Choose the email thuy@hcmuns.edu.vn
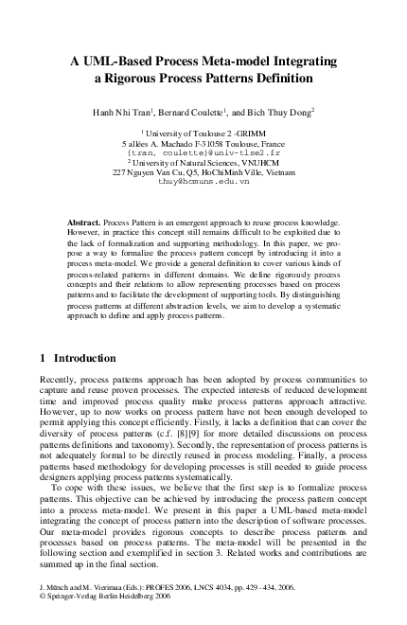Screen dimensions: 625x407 pos(203,179)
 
